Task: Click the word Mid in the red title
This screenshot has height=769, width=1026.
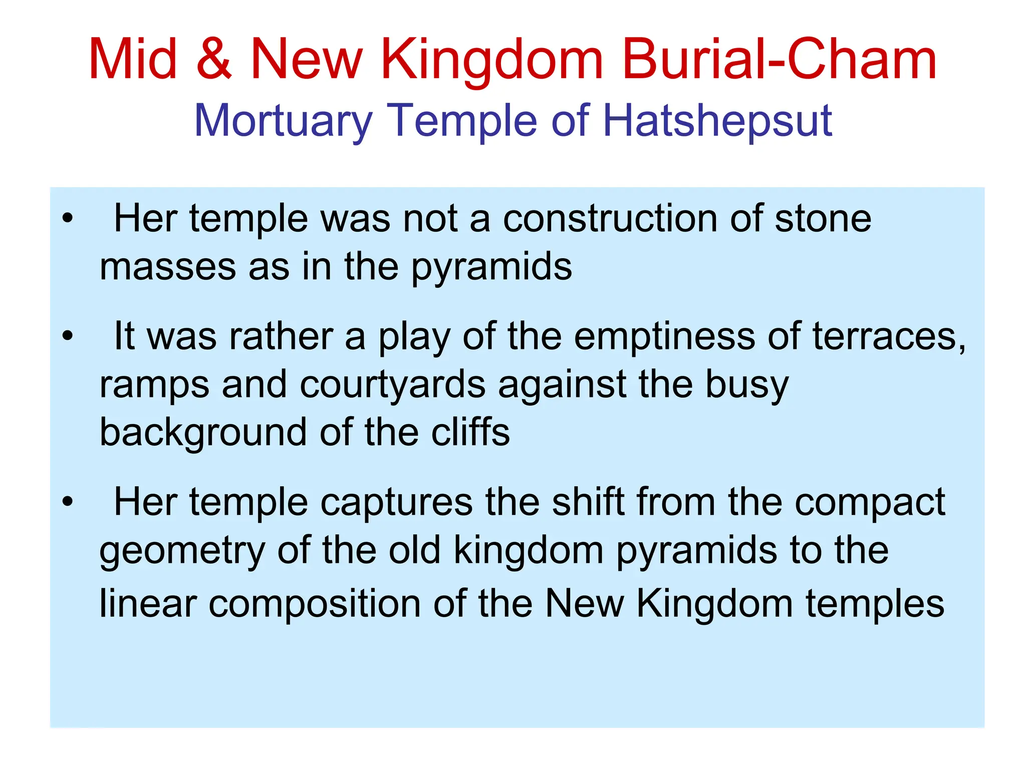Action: pyautogui.click(x=133, y=60)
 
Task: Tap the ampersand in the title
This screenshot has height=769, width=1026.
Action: pyautogui.click(x=214, y=60)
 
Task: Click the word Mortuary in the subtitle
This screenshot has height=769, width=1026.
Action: pyautogui.click(x=283, y=121)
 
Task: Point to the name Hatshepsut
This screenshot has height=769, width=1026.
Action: pyautogui.click(x=717, y=121)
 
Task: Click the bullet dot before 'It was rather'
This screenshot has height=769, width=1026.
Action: pyautogui.click(x=68, y=336)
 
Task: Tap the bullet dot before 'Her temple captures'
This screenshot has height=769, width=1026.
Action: pyautogui.click(x=68, y=501)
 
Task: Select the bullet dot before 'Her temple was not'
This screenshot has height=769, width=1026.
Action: pyautogui.click(x=68, y=219)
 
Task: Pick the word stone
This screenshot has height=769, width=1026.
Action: pyautogui.click(x=823, y=219)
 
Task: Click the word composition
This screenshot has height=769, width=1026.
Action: pyautogui.click(x=315, y=604)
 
